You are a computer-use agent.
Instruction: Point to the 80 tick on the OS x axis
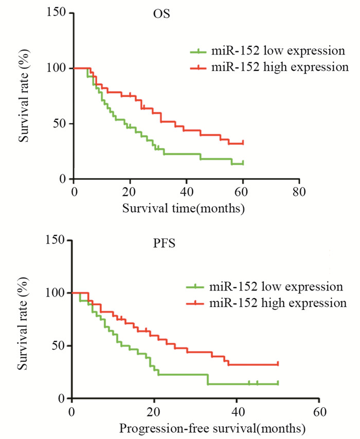point(299,191)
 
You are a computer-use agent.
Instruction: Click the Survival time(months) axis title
point(184,208)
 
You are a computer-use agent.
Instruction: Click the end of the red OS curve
point(243,143)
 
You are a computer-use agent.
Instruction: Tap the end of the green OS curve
point(243,163)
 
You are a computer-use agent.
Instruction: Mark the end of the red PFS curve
point(278,364)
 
